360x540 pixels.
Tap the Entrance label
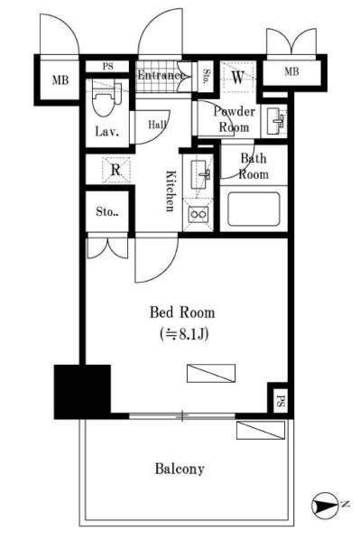pyautogui.click(x=162, y=76)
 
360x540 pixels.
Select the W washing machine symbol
pyautogui.click(x=238, y=78)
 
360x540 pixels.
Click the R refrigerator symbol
pyautogui.click(x=116, y=170)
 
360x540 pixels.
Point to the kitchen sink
pyautogui.click(x=200, y=174)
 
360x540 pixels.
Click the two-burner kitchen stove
pyautogui.click(x=198, y=215)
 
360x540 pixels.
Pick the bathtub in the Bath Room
pyautogui.click(x=254, y=209)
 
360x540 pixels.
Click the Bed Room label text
pyautogui.click(x=182, y=312)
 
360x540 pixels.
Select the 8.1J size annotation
pyautogui.click(x=183, y=334)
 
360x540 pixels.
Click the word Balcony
pyautogui.click(x=180, y=469)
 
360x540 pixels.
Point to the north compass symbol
pyautogui.click(x=325, y=505)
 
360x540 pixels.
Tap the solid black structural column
pyautogui.click(x=82, y=392)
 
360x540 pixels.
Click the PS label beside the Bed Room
pyautogui.click(x=281, y=400)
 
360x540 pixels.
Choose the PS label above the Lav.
pyautogui.click(x=107, y=67)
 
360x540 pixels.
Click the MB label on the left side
pyautogui.click(x=60, y=80)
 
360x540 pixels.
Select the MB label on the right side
pyautogui.click(x=291, y=71)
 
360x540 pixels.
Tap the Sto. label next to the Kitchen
pyautogui.click(x=107, y=211)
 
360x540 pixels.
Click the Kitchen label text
pyautogui.click(x=170, y=191)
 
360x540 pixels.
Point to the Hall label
pyautogui.click(x=158, y=124)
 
